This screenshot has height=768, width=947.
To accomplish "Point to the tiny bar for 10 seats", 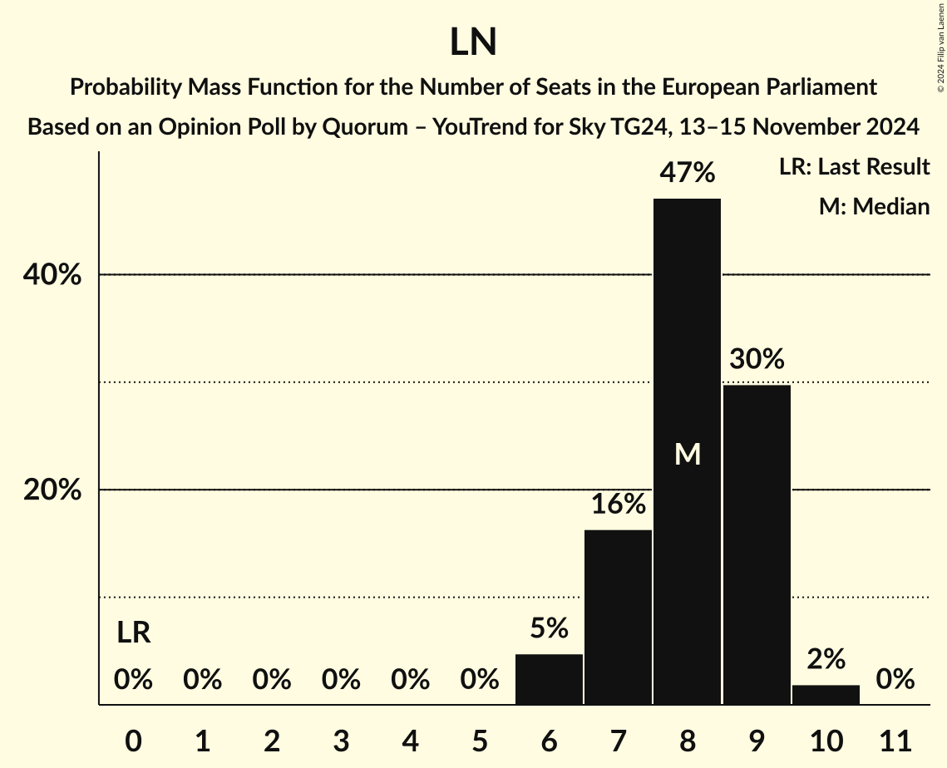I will coord(826,695).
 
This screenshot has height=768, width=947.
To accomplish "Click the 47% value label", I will coord(687,173).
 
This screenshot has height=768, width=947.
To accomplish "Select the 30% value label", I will coord(757,359).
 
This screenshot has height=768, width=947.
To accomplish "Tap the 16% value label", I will coord(618,504).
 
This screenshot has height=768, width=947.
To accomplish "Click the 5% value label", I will coord(549,628).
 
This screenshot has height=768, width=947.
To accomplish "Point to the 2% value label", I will coord(826,659).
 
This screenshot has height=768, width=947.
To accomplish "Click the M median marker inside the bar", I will coord(688,454).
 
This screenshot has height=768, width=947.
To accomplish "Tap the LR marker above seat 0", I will coord(133,633).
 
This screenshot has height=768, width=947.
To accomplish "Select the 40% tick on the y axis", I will coord(52,275).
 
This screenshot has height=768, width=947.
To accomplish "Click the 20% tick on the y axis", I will coord(52,490).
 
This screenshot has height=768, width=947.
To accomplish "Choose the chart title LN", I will coord(473,43).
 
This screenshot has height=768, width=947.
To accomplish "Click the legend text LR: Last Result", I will coord(854,167).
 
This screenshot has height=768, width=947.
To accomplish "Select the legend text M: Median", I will coord(874,206).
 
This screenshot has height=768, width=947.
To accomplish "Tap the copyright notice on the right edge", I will coord(940,46).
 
